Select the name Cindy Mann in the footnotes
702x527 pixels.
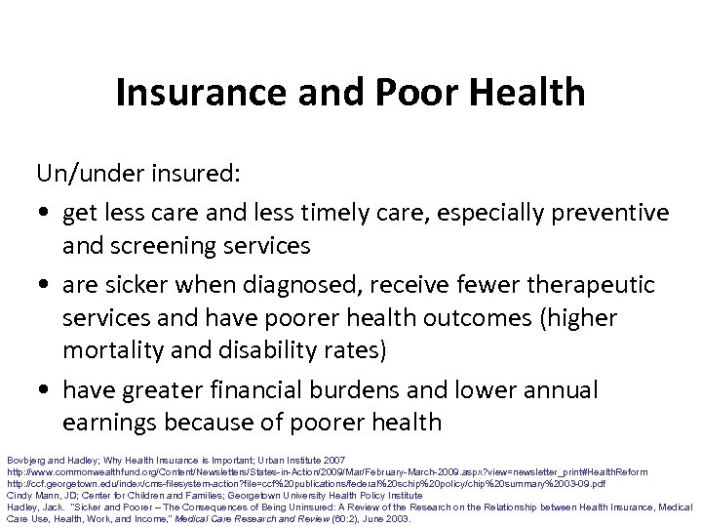pos(30,495)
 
